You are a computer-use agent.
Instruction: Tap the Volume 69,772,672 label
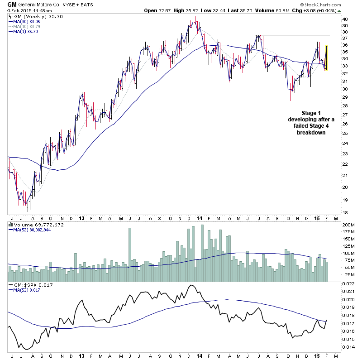pos(33,224)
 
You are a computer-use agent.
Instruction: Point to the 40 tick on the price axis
pos(345,19)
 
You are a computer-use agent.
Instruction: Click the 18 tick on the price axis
pos(345,212)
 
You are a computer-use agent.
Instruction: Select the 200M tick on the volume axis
pos(348,225)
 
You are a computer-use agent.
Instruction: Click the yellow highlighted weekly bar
pos(326,58)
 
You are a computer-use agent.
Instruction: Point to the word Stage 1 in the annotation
pos(312,113)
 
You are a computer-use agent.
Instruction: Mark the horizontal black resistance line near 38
pos(294,35)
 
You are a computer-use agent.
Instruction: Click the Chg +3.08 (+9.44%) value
pos(333,10)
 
